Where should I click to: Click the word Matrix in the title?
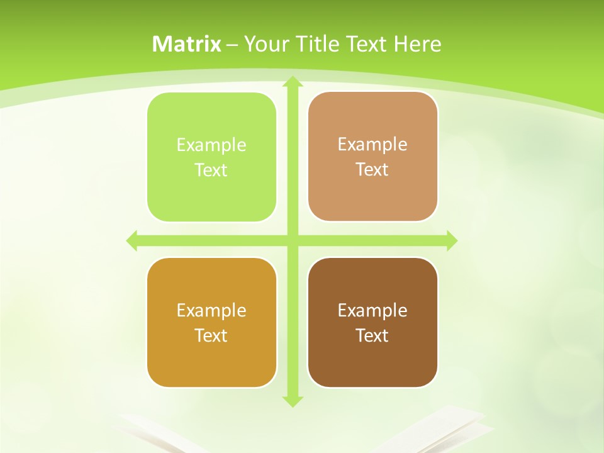point(187,44)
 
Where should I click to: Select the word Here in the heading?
point(417,44)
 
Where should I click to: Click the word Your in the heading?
point(266,44)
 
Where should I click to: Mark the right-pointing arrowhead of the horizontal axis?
point(451,240)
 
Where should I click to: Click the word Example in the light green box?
point(211,145)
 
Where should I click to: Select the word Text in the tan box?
point(372,170)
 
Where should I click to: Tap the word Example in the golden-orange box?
point(211,310)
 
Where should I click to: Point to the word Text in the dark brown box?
point(372,335)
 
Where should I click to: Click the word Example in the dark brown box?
point(372,310)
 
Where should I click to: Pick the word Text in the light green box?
point(211,171)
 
